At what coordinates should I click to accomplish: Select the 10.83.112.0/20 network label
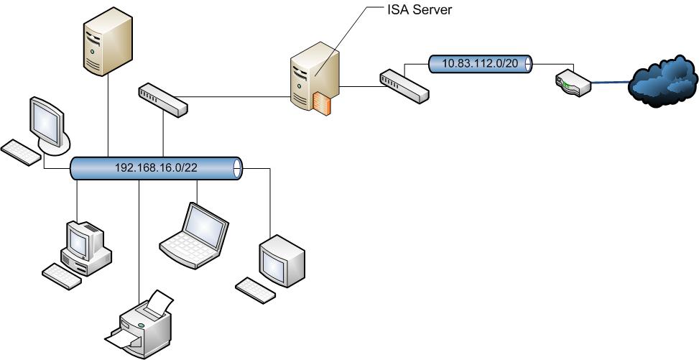[x=480, y=63]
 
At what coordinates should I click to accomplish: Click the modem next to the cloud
[x=573, y=83]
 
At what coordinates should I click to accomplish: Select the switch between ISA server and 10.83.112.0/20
[x=404, y=85]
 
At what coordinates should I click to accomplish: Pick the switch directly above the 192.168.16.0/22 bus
[x=162, y=98]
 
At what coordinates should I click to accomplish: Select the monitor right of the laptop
[x=282, y=259]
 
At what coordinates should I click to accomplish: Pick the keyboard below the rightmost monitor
[x=254, y=289]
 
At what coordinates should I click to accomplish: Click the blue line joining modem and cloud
[x=609, y=84]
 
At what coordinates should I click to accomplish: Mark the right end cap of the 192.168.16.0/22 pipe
[x=238, y=169]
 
